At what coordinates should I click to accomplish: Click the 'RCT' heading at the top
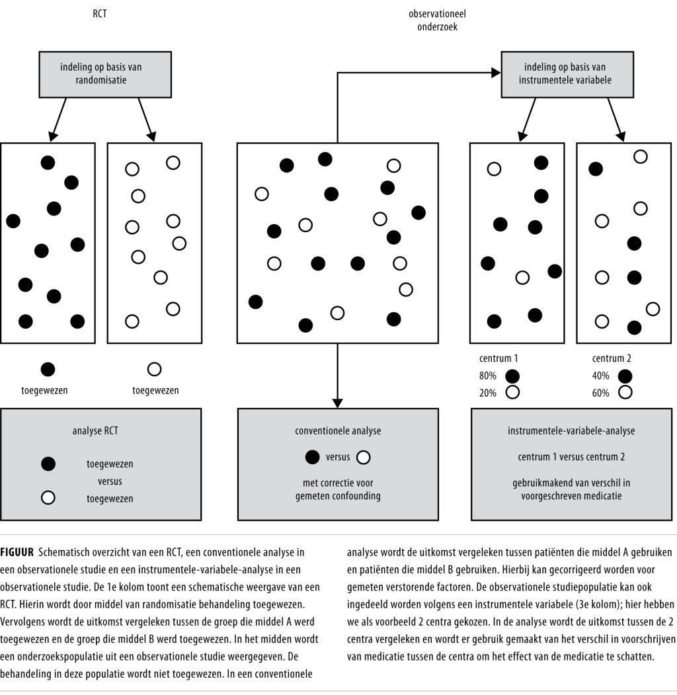point(99,12)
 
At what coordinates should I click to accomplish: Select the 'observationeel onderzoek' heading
point(432,20)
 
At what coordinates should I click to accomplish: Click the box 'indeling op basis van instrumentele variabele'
point(565,73)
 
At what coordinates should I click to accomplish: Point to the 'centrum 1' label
point(498,359)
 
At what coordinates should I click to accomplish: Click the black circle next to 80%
point(512,376)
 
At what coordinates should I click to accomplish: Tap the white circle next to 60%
point(625,391)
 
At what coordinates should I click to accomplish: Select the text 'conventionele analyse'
point(338,430)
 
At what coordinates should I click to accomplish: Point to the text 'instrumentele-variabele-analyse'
point(571,430)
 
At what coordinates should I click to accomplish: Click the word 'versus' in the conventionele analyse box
point(338,457)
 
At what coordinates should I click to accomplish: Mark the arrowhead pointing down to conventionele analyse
point(338,402)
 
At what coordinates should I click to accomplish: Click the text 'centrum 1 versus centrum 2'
point(571,457)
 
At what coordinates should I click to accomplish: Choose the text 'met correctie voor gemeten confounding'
point(338,489)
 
